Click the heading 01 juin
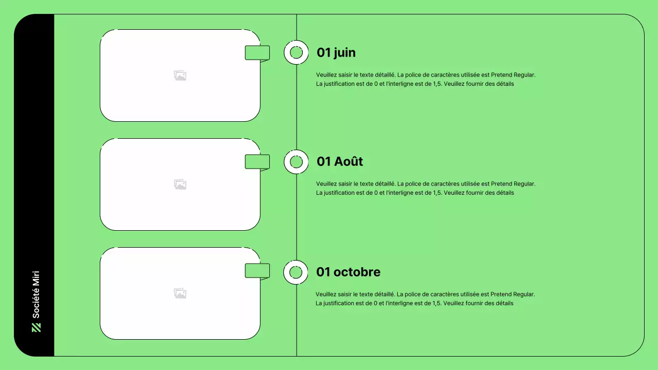[336, 52]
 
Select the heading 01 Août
[340, 161]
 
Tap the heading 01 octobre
[348, 272]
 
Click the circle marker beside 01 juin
[296, 52]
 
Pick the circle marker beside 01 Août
[296, 162]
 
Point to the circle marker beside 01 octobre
[296, 272]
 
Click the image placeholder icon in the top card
[180, 76]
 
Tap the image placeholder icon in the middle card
[180, 184]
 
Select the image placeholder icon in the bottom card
[180, 293]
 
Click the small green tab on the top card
[257, 53]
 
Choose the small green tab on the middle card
[257, 162]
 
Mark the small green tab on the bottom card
[257, 271]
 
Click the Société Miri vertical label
[36, 294]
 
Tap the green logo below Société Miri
[36, 327]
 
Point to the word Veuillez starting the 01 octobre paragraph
[326, 294]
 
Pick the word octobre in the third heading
[357, 272]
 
